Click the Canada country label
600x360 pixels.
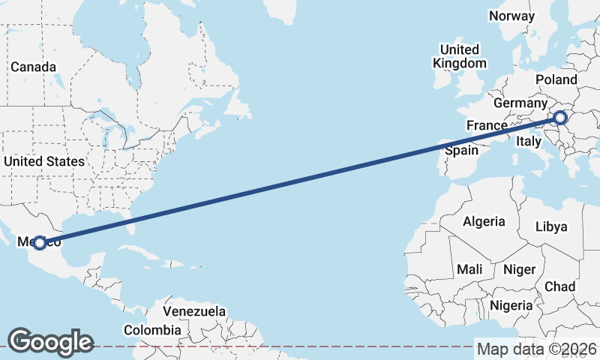[x=33, y=67]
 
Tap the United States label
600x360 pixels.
[x=44, y=161]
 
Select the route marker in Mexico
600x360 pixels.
[x=40, y=242]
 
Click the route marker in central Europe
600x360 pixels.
[x=559, y=117]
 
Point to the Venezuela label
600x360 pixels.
[x=194, y=310]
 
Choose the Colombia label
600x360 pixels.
[x=152, y=330]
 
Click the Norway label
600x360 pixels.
[x=511, y=16]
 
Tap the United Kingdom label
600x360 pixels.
[x=460, y=56]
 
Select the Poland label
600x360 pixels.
[x=556, y=79]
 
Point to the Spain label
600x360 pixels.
[x=461, y=150]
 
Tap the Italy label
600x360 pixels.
[x=528, y=141]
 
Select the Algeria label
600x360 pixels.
[x=484, y=221]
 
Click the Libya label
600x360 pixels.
[x=552, y=226]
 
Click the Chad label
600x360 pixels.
[x=559, y=286]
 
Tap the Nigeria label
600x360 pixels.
[x=511, y=305]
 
